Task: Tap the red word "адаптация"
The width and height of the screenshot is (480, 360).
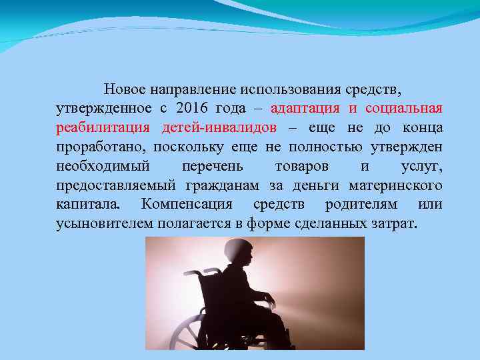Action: [305, 108]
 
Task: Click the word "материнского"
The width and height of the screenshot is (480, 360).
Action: [400, 185]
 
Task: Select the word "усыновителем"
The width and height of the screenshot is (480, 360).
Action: [104, 223]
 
